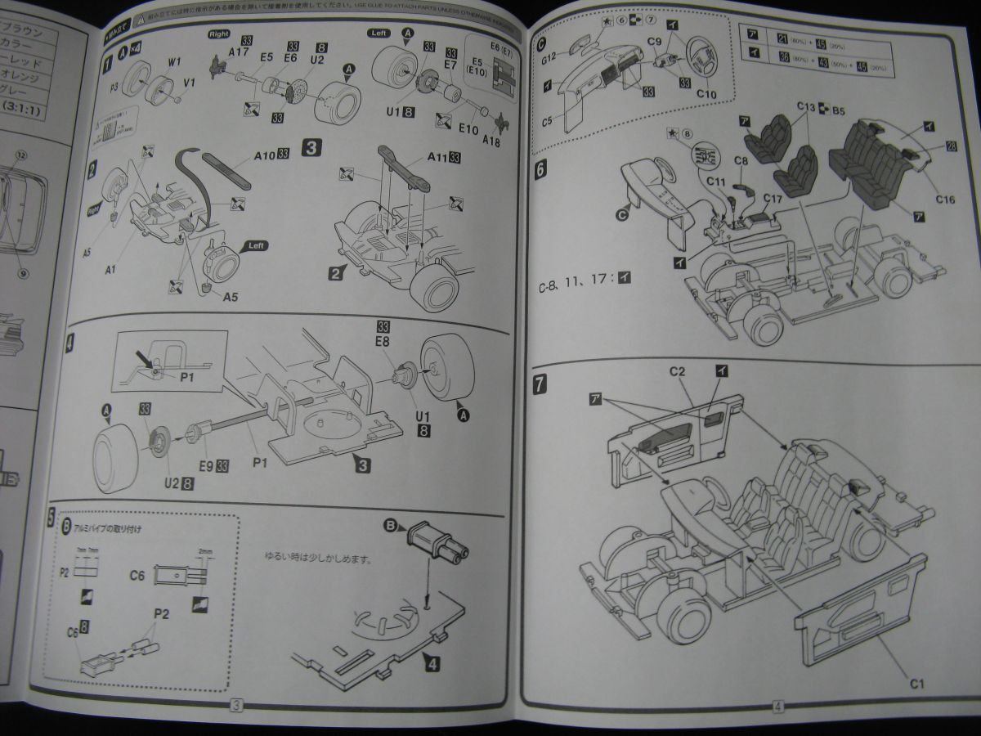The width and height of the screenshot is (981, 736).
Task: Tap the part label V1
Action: point(190,83)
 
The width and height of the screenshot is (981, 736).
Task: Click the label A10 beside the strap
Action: point(265,153)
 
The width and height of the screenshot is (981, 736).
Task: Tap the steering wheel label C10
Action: point(706,95)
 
